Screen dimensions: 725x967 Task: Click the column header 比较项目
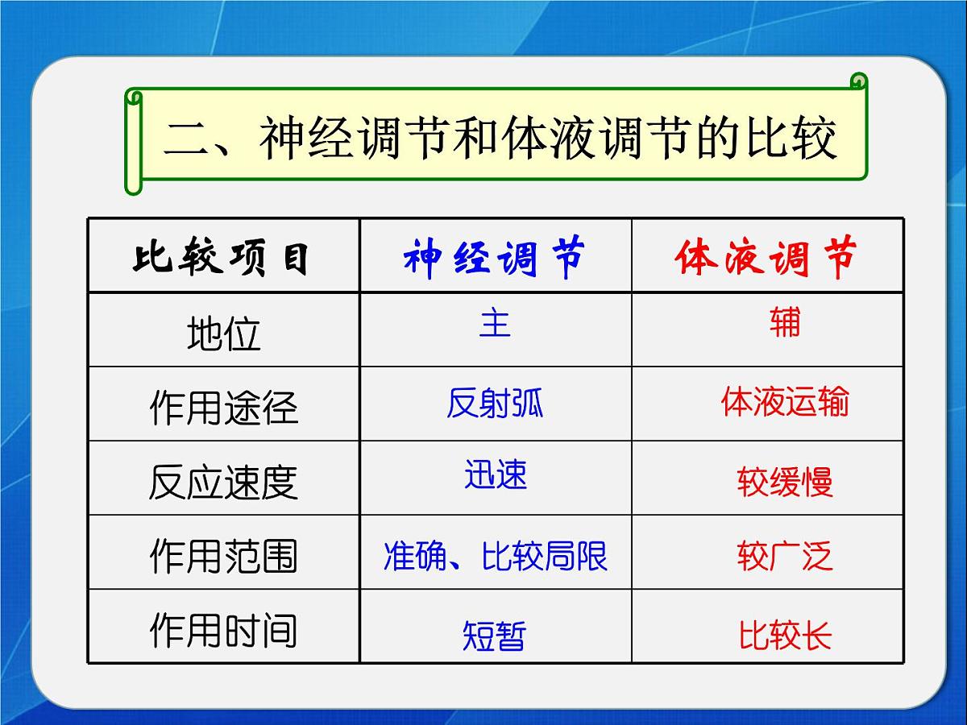[x=222, y=257]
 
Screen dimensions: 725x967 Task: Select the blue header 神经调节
[x=495, y=257]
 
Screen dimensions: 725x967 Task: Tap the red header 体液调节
[x=766, y=257]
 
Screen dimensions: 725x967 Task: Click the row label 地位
[x=223, y=333]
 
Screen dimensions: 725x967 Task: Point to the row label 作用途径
[x=223, y=407]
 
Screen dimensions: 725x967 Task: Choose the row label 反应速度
[x=223, y=482]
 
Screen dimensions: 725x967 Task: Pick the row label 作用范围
[x=223, y=556]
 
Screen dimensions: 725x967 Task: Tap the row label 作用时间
[x=223, y=630]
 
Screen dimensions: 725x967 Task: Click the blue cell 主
[x=495, y=323]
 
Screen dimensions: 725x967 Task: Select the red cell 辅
[x=784, y=323]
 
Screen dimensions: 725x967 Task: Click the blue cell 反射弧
[x=495, y=402]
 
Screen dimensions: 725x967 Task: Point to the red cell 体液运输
[x=784, y=401]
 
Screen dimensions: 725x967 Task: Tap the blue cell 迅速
[x=495, y=474]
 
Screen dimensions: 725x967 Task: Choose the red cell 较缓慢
[x=784, y=482]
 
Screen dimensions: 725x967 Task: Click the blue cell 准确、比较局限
[x=495, y=556]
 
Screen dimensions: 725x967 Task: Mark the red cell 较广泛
[x=784, y=556]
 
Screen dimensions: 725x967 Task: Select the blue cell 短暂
[x=494, y=636]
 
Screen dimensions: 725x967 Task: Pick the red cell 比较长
[x=785, y=636]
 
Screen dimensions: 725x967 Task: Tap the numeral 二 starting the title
[x=188, y=139]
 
